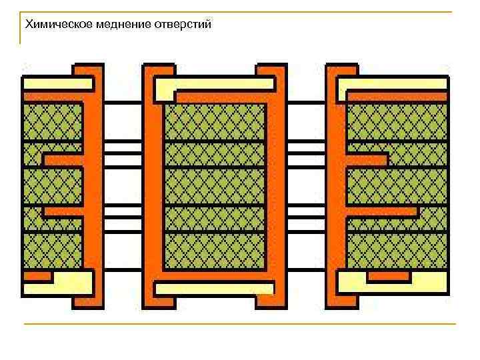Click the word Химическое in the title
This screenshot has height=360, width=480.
point(55,25)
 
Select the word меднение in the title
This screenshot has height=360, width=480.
point(119,25)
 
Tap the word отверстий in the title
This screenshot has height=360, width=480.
point(183,25)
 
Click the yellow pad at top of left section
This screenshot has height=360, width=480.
point(57,84)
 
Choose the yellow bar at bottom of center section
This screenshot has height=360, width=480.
point(214,288)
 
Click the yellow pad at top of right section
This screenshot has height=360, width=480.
point(393,85)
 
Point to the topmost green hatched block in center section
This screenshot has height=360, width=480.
point(215,122)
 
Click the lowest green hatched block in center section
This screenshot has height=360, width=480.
point(215,251)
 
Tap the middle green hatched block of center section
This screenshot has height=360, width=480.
point(215,186)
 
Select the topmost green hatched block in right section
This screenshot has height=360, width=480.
point(397,121)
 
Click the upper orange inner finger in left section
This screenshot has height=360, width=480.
point(63,160)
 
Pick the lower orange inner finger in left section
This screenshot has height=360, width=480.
point(63,212)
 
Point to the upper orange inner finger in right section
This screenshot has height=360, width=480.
point(367,160)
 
